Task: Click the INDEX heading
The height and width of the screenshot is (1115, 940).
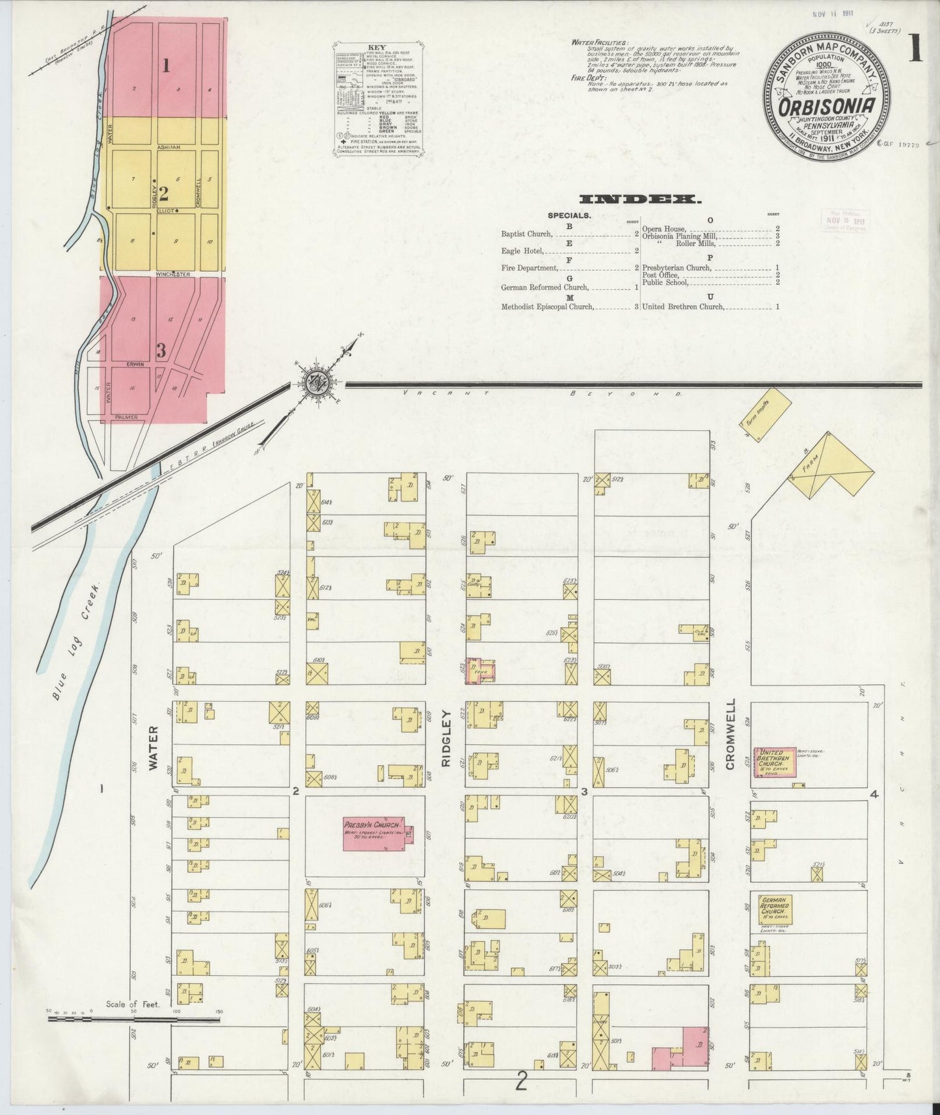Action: (640, 199)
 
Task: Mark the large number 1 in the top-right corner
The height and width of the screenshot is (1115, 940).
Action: (915, 49)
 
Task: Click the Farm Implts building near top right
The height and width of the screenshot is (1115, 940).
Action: (765, 415)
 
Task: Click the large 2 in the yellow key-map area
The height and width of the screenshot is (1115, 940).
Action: (163, 193)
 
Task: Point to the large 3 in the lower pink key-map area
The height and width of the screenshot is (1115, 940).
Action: (161, 350)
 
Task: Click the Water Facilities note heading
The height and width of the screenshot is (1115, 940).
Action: (600, 42)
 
